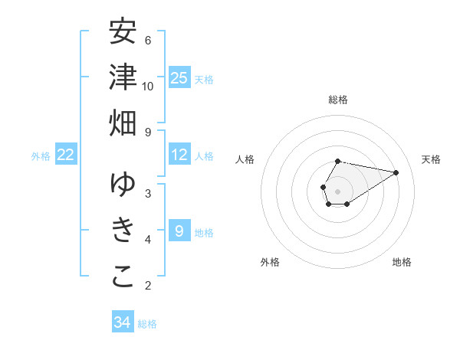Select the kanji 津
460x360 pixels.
point(123,77)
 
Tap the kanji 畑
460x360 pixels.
point(123,123)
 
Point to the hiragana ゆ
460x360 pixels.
point(123,185)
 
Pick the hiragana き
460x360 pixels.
point(123,231)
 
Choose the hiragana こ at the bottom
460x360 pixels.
point(123,277)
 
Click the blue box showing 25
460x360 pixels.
point(179,77)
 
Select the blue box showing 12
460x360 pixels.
point(179,155)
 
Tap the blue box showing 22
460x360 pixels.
point(66,155)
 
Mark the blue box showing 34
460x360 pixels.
point(123,322)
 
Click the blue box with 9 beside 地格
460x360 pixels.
point(179,231)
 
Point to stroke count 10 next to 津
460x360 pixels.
point(148,86)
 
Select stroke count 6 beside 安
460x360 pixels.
point(148,40)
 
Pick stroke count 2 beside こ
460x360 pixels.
point(148,286)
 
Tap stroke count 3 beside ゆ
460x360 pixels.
point(148,193)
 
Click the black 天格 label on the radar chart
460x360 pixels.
point(431,159)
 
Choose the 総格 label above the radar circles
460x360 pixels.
point(337,100)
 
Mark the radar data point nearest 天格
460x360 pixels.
point(396,172)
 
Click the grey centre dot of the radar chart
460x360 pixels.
point(337,191)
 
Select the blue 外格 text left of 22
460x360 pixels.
point(41,155)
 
